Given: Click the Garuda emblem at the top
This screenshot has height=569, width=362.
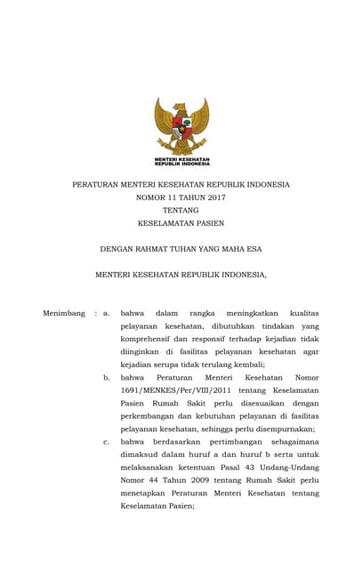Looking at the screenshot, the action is pyautogui.click(x=181, y=126).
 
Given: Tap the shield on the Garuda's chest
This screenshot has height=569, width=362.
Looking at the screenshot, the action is pyautogui.click(x=181, y=125).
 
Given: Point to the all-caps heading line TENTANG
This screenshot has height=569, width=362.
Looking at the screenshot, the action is pyautogui.click(x=181, y=210).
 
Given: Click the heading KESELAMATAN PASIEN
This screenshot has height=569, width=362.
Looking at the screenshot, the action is pyautogui.click(x=181, y=223).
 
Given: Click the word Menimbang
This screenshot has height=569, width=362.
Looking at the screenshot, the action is pyautogui.click(x=64, y=313).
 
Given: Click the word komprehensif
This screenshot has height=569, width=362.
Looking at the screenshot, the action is pyautogui.click(x=147, y=339).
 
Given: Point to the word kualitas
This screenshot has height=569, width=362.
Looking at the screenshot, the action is pyautogui.click(x=304, y=313).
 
